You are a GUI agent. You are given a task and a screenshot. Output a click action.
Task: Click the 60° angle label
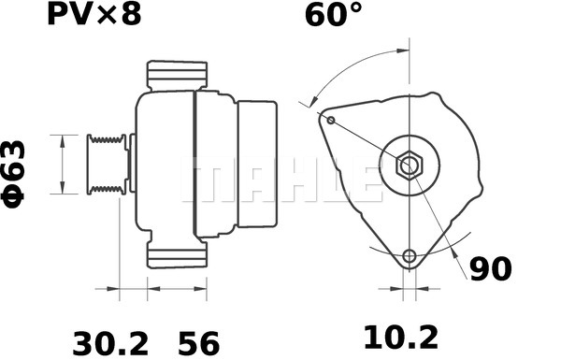(x=333, y=17)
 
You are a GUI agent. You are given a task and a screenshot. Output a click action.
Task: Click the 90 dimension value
(x=491, y=269)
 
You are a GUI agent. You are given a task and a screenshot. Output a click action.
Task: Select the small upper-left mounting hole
(x=330, y=119)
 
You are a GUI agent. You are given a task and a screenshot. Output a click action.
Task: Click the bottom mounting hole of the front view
(x=409, y=256)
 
